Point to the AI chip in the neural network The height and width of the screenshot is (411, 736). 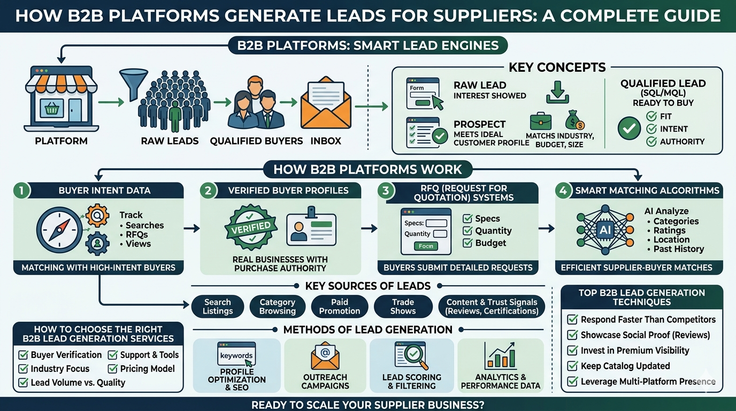click(605, 230)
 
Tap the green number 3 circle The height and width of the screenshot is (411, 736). click(386, 190)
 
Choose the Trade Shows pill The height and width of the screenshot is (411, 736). click(403, 307)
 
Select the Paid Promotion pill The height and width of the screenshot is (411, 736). click(339, 307)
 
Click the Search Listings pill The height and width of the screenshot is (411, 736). click(218, 307)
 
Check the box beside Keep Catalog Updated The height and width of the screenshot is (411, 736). click(572, 366)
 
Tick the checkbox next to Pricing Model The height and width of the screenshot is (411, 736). click(112, 369)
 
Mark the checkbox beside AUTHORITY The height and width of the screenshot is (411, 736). click(651, 142)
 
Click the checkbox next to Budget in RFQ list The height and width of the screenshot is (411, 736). click(467, 243)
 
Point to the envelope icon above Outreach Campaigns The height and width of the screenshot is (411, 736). click(325, 355)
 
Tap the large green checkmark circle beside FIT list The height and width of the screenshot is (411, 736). click(628, 128)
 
